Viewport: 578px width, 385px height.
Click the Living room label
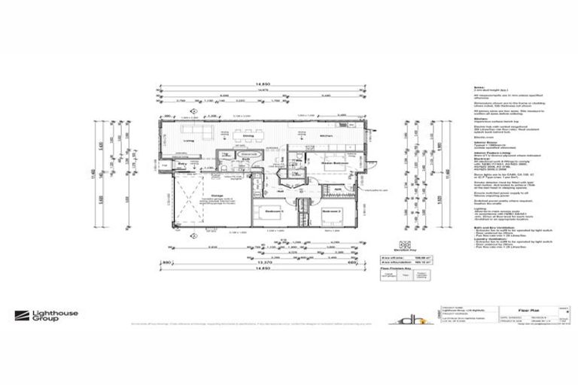tap(190, 139)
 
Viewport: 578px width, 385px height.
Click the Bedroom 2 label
tap(331, 211)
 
